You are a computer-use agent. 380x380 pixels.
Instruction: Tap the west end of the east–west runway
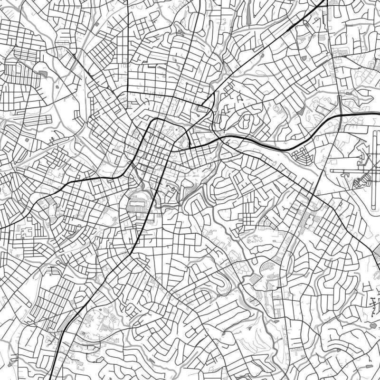pos(331,171)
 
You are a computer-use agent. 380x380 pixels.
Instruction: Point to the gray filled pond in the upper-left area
pos(43,74)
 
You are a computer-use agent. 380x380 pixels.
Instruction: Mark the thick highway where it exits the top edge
pos(325,1)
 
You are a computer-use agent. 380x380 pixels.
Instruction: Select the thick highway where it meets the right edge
pos(379,114)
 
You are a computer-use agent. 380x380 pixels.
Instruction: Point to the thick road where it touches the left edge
pos(1,227)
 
